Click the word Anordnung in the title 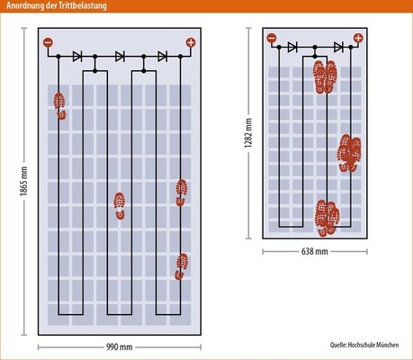[25, 5]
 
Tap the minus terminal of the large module [48, 42]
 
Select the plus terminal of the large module [191, 42]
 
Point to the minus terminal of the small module [272, 38]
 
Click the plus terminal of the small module [358, 38]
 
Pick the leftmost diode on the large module [77, 56]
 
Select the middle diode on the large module [120, 56]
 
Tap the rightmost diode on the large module [163, 56]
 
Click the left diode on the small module [292, 47]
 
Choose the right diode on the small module [338, 47]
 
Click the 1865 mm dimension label [23, 181]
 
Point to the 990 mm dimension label [120, 347]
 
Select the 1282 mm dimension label [248, 133]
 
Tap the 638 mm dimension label [315, 251]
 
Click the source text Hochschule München [373, 345]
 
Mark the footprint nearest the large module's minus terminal [60, 106]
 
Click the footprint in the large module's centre [120, 206]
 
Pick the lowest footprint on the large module [182, 266]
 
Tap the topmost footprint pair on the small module [325, 76]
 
